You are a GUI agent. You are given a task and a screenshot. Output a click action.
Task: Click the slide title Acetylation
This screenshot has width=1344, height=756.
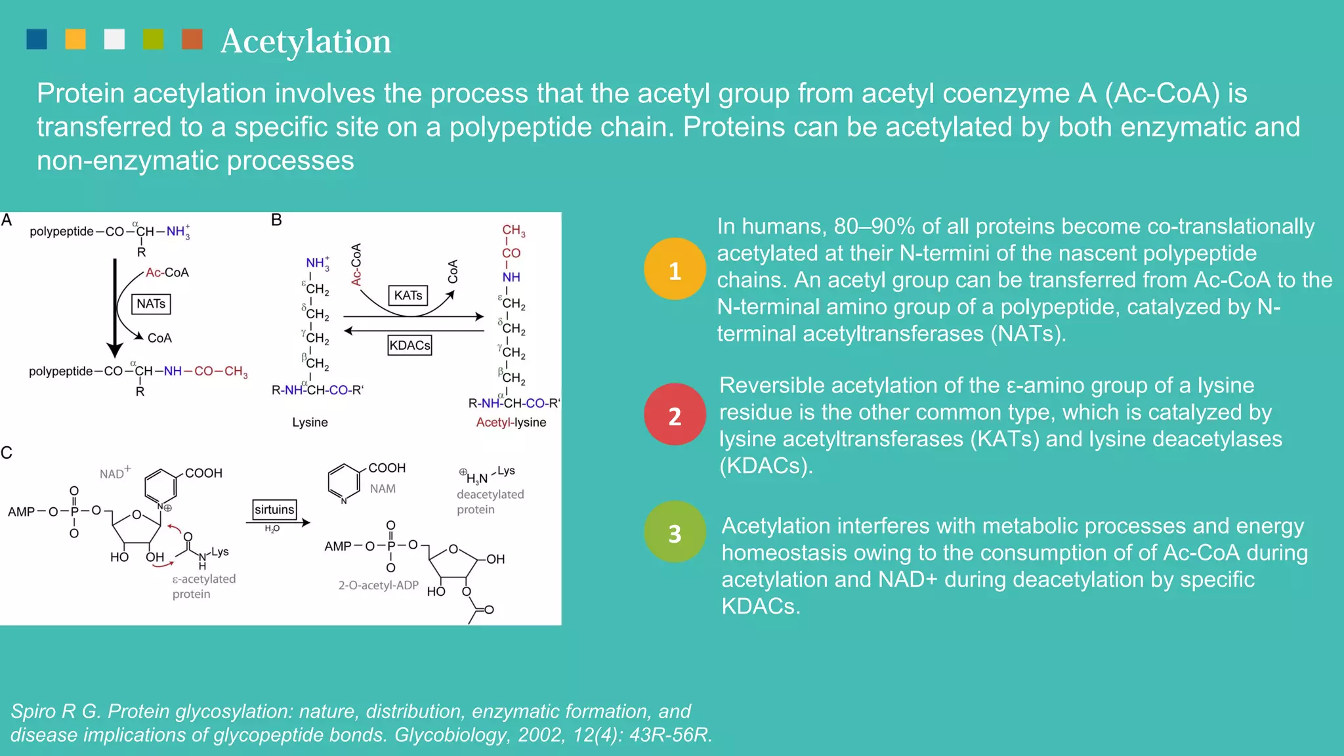[305, 41]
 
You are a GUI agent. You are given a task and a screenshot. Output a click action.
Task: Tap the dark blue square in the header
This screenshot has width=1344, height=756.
[37, 39]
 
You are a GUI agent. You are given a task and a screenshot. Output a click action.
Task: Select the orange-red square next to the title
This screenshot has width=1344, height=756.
[192, 39]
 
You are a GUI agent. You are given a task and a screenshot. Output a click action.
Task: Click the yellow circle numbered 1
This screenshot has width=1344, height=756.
[675, 270]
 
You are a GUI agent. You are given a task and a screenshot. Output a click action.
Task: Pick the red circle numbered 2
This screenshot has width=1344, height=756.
[675, 415]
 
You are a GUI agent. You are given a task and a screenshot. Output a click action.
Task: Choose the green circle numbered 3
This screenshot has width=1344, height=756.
[675, 532]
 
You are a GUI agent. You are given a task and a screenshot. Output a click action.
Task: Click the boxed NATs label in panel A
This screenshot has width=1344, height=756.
[151, 304]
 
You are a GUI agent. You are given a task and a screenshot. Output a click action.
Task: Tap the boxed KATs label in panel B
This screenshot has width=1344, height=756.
[408, 295]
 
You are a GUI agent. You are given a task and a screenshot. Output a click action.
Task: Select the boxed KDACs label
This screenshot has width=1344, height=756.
[409, 345]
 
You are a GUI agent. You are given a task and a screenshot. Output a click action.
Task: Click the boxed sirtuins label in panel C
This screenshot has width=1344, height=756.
[274, 509]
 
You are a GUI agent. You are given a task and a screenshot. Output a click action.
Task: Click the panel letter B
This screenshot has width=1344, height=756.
[276, 220]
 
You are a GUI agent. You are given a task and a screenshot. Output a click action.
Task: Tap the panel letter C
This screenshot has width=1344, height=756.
[7, 453]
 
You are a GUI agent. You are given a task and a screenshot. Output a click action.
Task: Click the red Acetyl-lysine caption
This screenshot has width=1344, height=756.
[511, 422]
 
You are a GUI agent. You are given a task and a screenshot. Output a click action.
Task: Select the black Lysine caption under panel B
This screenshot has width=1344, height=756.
[310, 422]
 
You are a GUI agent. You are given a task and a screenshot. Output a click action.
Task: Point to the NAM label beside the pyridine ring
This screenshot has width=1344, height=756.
[383, 489]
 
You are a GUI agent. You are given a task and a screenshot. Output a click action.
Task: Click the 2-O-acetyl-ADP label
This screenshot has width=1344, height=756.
[378, 585]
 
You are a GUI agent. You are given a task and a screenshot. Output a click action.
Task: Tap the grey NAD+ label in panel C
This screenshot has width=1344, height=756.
[114, 472]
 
